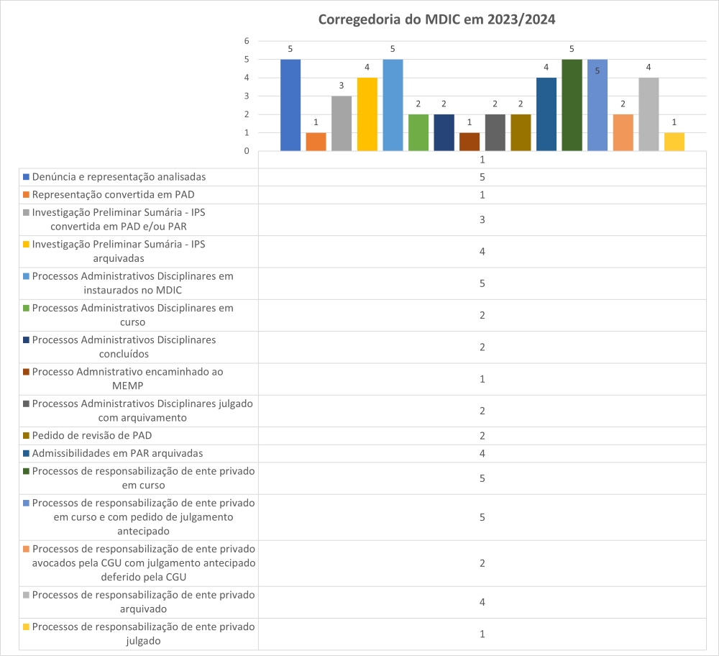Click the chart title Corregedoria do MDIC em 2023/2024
[x=436, y=19]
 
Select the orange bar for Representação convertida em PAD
[x=316, y=142]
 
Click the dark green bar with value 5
[x=572, y=105]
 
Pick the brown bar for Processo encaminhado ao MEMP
[x=470, y=142]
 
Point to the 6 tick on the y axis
[x=246, y=41]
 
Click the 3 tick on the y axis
[x=246, y=96]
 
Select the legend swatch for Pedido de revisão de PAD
[x=26, y=436]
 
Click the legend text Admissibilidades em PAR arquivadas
[x=117, y=453]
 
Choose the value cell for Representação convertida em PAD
[x=482, y=195]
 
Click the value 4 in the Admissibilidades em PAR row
[x=482, y=453]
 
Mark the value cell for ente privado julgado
[x=482, y=634]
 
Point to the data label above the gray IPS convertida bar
[x=342, y=86]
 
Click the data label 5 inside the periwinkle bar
[x=597, y=70]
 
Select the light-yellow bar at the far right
[x=674, y=142]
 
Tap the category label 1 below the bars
[x=482, y=160]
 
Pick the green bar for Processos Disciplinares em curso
[x=418, y=132]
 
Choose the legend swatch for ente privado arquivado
[x=26, y=596]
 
